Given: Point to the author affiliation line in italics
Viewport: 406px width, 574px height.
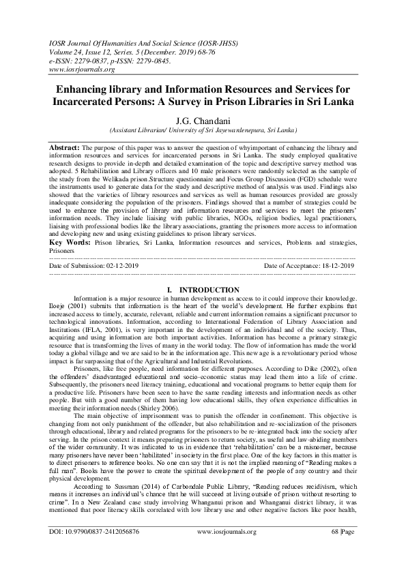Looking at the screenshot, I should (203, 128).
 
